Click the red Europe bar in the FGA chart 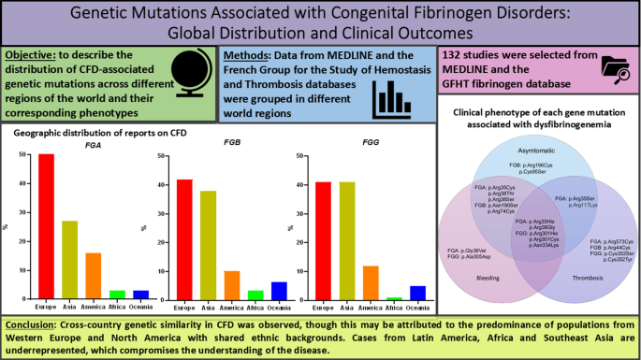tap(46, 226)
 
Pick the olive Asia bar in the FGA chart tap(69, 260)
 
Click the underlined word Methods tap(252, 56)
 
